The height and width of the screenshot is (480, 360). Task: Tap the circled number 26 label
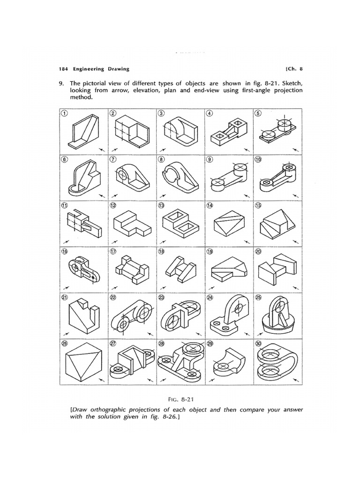64,343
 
